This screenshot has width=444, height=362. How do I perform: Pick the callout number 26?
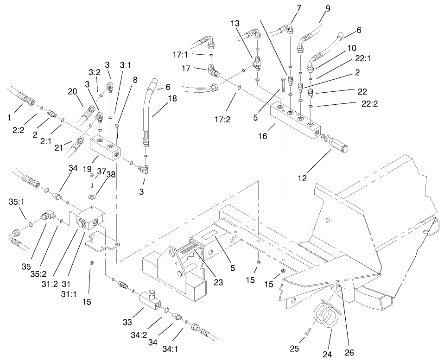[349, 353]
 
